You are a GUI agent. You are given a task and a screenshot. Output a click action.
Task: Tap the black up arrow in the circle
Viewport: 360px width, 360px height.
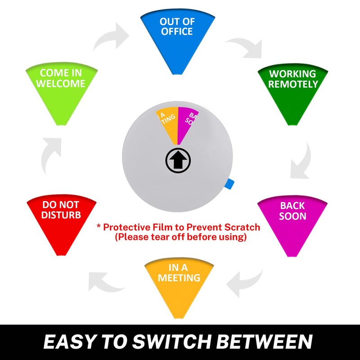coord(178,160)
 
